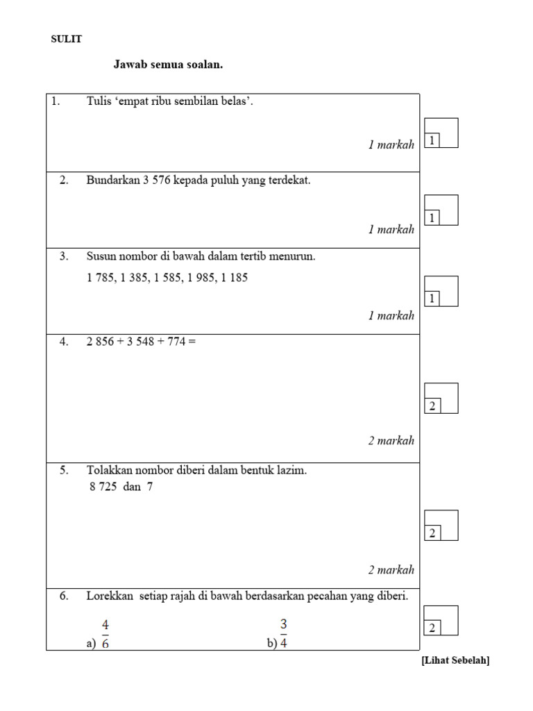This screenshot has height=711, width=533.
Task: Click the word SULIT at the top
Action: click(x=66, y=40)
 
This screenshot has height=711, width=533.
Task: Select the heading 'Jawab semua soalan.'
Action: click(x=168, y=65)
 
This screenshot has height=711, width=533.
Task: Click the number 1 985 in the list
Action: click(x=201, y=278)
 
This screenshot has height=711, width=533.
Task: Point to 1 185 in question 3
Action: click(x=234, y=278)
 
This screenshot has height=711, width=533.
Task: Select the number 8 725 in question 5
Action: click(x=103, y=487)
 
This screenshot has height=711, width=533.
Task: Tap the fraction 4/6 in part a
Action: click(x=105, y=633)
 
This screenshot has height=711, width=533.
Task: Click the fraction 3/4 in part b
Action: click(x=284, y=633)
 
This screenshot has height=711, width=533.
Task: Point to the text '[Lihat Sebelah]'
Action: click(x=455, y=661)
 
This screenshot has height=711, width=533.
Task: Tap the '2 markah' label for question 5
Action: click(x=391, y=570)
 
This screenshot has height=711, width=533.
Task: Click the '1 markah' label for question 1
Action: click(x=391, y=145)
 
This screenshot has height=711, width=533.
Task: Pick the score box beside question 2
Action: click(x=441, y=210)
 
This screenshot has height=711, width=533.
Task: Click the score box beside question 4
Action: click(x=441, y=398)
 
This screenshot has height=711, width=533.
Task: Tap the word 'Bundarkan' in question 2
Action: click(x=111, y=181)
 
